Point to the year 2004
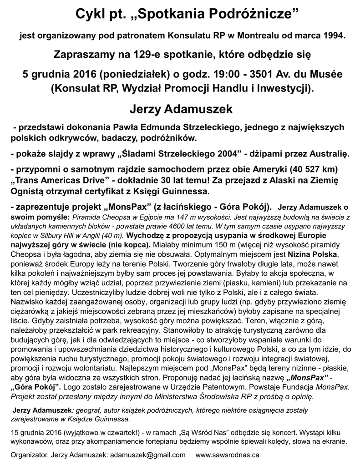(x=224, y=155)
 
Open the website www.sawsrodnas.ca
(x=228, y=455)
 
